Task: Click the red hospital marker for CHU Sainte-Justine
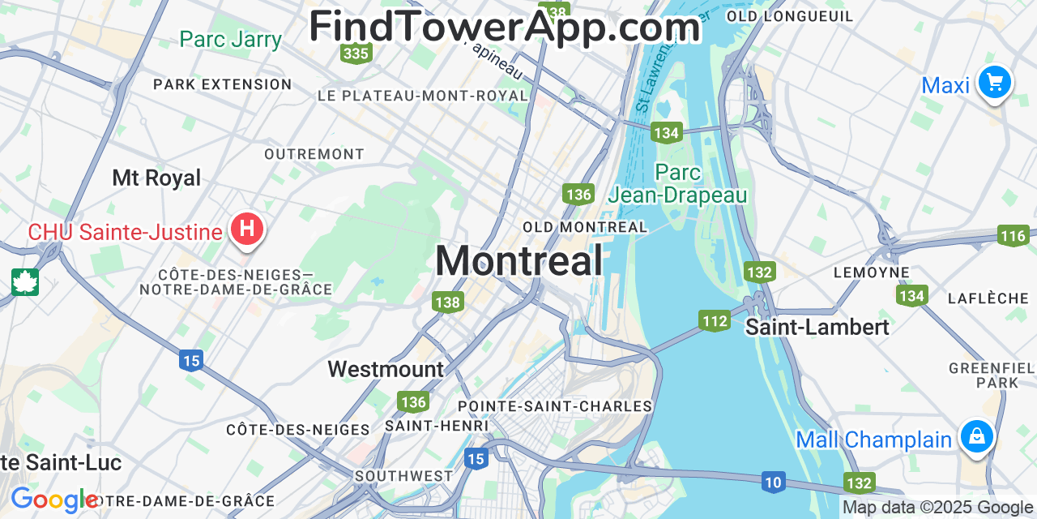(247, 229)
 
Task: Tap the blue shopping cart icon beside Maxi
(994, 82)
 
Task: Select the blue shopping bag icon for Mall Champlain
(977, 436)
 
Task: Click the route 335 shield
(356, 54)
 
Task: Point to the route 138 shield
(447, 302)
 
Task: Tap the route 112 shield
(715, 321)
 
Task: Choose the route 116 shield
(1013, 236)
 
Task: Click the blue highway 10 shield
(774, 483)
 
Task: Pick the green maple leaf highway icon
(25, 282)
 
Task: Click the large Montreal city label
(518, 261)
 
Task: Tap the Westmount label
(386, 370)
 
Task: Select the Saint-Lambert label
(817, 327)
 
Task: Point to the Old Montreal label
(585, 227)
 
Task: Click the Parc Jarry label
(230, 39)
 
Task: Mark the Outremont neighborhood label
(314, 154)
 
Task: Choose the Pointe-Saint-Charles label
(555, 405)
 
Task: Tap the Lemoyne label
(871, 272)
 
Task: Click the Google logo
(54, 500)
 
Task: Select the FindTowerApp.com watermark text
(504, 27)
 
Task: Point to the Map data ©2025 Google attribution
(937, 508)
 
